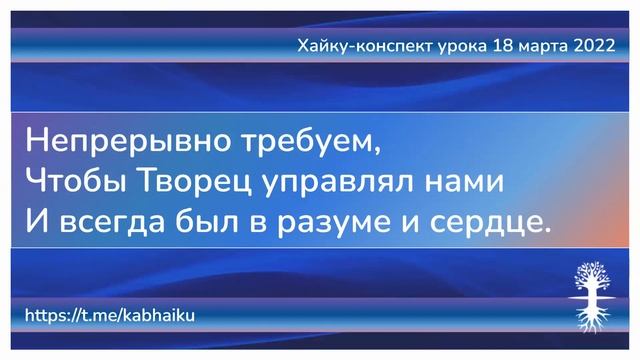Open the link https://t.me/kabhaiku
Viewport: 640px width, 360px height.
(x=109, y=315)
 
